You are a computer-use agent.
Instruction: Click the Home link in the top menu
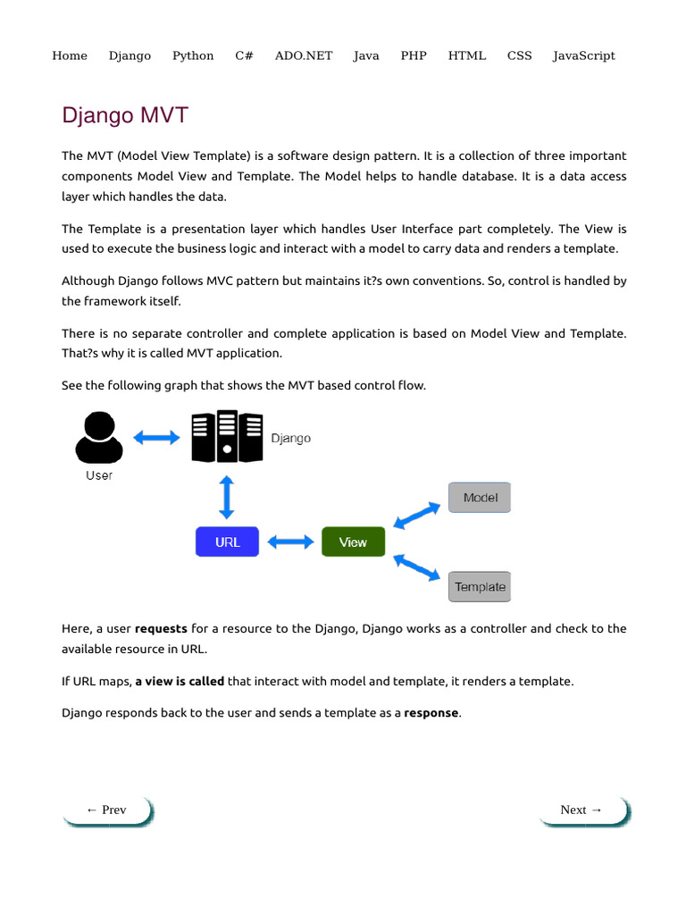70,55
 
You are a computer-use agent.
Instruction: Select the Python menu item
193,55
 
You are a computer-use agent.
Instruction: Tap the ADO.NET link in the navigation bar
304,55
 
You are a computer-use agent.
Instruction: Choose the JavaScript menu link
583,55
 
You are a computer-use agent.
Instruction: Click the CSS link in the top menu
519,55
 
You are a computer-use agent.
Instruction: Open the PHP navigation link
414,55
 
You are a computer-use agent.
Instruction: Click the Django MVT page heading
125,115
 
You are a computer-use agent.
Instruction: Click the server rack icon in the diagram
227,436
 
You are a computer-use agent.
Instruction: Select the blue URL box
227,542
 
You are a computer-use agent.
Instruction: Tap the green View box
353,542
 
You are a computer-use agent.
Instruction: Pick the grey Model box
480,498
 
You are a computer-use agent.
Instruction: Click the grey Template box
480,587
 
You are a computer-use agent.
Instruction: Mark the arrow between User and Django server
157,438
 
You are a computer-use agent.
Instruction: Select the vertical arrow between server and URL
227,497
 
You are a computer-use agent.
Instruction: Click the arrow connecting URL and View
289,541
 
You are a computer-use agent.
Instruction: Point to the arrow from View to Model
416,515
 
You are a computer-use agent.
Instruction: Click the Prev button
107,810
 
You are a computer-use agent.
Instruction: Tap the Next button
581,810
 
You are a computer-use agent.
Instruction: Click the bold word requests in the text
161,628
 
